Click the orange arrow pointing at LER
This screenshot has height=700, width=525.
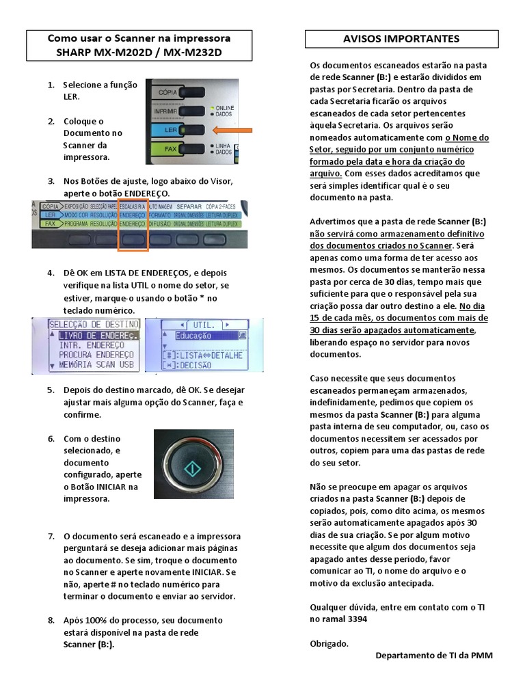click(233, 129)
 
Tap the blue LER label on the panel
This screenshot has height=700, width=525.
click(163, 129)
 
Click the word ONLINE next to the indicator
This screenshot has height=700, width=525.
click(225, 108)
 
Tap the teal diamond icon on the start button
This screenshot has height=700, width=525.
click(193, 469)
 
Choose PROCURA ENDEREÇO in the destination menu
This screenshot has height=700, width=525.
click(96, 355)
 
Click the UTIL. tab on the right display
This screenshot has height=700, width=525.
click(204, 324)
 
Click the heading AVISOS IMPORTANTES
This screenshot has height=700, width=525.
click(401, 39)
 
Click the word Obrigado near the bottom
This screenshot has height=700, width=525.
click(329, 643)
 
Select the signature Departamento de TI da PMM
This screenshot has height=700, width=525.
click(433, 656)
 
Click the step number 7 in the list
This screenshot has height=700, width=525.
click(51, 536)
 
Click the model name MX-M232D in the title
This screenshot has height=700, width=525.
click(198, 52)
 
